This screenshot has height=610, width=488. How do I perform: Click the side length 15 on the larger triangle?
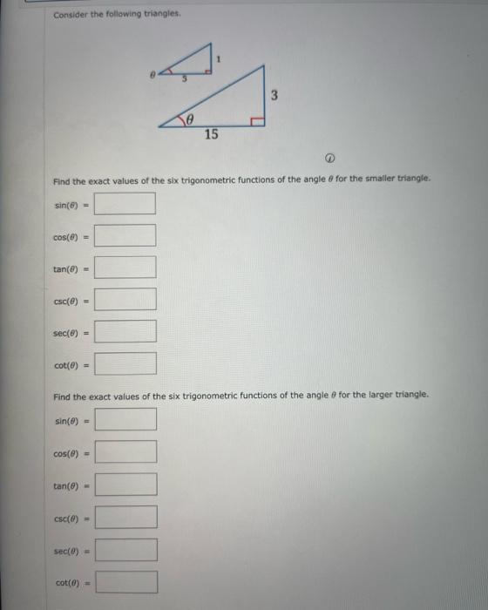pyautogui.click(x=211, y=134)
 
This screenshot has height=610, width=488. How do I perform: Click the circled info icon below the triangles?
pyautogui.click(x=330, y=159)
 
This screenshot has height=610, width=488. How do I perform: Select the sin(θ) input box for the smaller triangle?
pyautogui.click(x=125, y=204)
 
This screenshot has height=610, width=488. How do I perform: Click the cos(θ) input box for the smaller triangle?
pyautogui.click(x=125, y=236)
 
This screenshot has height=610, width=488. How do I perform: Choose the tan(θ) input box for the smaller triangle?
pyautogui.click(x=125, y=268)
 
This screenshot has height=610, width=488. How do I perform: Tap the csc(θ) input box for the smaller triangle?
pyautogui.click(x=125, y=300)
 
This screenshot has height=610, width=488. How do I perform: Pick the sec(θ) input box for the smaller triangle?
pyautogui.click(x=125, y=332)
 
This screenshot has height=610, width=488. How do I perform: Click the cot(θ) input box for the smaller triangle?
pyautogui.click(x=125, y=363)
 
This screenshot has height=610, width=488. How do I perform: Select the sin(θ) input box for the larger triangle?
pyautogui.click(x=125, y=420)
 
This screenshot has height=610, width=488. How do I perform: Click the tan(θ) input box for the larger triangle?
pyautogui.click(x=125, y=485)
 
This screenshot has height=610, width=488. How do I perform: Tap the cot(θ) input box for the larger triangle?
pyautogui.click(x=125, y=582)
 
